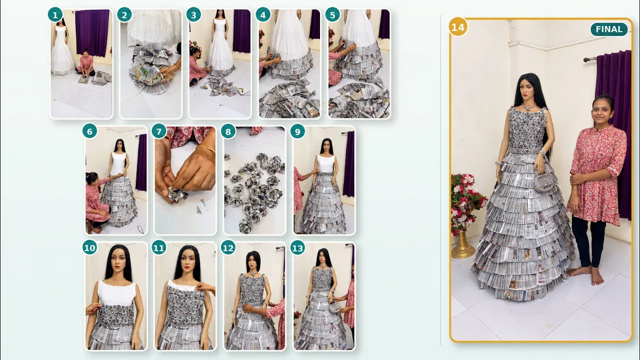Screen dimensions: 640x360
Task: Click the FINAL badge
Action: (609, 29)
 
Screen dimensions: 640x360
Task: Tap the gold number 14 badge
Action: (458, 27)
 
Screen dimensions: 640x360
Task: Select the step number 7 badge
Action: (159, 131)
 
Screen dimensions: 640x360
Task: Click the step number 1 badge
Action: (55, 15)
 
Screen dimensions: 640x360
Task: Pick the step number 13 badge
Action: (297, 248)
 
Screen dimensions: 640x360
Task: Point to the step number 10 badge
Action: (89, 248)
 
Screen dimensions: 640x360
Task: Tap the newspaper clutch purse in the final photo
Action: (544, 182)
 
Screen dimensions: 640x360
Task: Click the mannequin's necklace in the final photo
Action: (529, 106)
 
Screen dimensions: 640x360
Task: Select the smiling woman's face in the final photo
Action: (602, 110)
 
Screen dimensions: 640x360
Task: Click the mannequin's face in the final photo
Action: (526, 89)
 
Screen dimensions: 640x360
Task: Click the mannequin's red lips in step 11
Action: (187, 268)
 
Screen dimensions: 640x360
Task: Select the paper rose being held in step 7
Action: (177, 195)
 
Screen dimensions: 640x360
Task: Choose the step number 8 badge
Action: (228, 131)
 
